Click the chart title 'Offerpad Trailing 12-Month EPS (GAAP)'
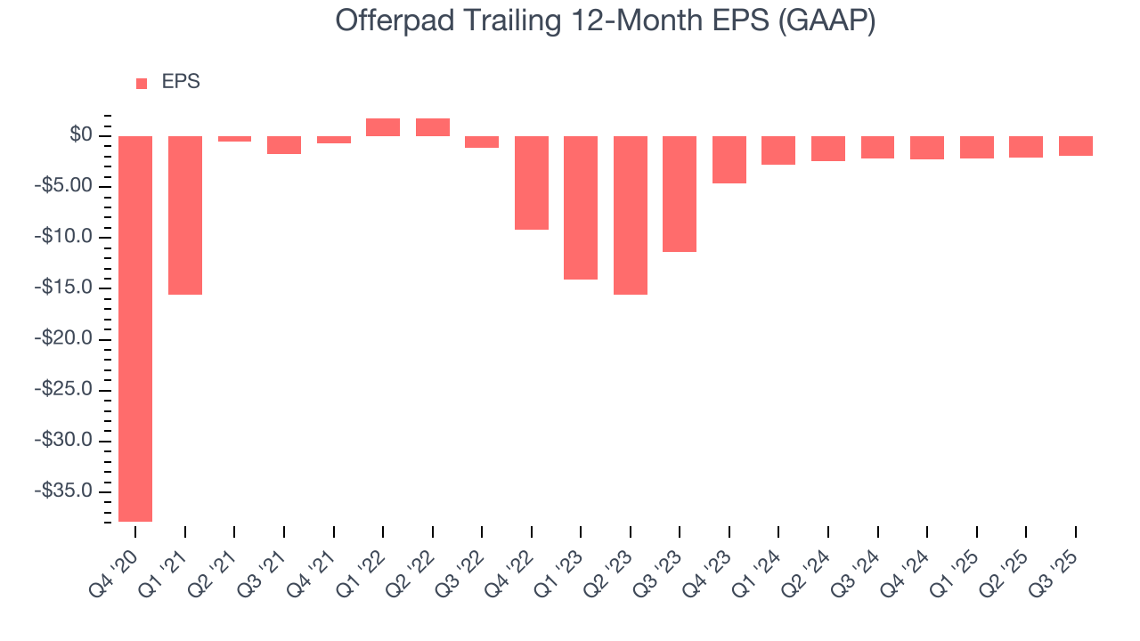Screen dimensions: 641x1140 [x=606, y=21]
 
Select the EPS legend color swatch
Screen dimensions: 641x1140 [x=142, y=84]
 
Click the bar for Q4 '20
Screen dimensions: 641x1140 [x=135, y=329]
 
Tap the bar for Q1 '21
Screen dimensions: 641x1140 [x=185, y=215]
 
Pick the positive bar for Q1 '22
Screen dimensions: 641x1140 [x=383, y=127]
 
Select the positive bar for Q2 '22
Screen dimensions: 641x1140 [x=433, y=127]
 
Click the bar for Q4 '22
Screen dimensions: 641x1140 [x=532, y=183]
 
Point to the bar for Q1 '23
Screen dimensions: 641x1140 [x=581, y=207]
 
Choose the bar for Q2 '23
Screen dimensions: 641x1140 [x=631, y=215]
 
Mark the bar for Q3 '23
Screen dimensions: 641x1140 [x=680, y=194]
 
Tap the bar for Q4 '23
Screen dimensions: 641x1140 [x=729, y=159]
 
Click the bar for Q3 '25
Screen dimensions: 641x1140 [x=1076, y=146]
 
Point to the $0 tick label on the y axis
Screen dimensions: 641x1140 [x=81, y=135]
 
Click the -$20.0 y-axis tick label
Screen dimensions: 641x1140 [x=69, y=339]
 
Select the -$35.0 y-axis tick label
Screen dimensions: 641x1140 [x=69, y=491]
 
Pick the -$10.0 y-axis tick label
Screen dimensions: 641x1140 [x=69, y=237]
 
